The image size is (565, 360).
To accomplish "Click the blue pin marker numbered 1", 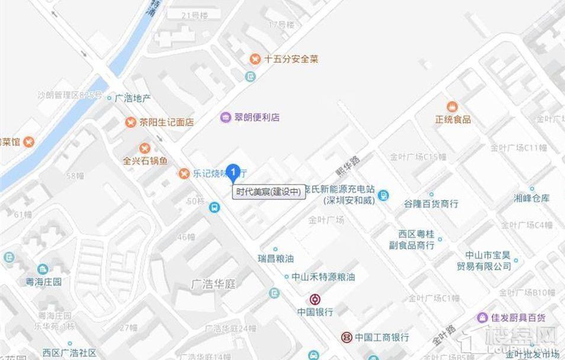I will [x=234, y=172].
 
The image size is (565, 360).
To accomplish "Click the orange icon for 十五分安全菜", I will [x=255, y=59].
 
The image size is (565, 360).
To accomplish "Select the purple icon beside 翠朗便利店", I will [x=226, y=117].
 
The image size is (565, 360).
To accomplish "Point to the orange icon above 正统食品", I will [x=452, y=107].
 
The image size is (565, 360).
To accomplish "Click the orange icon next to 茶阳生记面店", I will [x=130, y=123].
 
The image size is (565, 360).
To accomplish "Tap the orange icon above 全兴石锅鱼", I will [x=145, y=148].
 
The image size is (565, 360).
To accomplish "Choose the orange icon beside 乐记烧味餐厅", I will [x=184, y=173].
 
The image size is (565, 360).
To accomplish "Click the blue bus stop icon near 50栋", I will [x=214, y=207].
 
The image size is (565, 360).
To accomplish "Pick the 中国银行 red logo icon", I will [x=315, y=300].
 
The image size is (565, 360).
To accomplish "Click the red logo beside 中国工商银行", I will [x=345, y=337].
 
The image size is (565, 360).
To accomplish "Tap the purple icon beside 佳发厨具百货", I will [x=483, y=317].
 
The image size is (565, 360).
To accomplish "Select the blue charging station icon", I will [x=384, y=195].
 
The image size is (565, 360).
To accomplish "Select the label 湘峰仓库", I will [x=532, y=198].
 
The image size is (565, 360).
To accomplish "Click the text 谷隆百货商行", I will [x=431, y=204].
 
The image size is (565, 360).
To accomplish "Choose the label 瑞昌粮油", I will [x=275, y=259].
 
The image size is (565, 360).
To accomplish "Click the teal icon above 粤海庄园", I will [x=43, y=270].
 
